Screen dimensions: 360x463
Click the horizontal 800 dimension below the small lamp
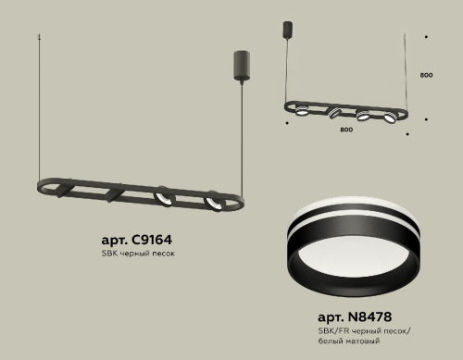pos(345,129)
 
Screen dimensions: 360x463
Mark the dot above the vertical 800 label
pos(425,38)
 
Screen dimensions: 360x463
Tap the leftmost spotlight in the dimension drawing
pos(304,110)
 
